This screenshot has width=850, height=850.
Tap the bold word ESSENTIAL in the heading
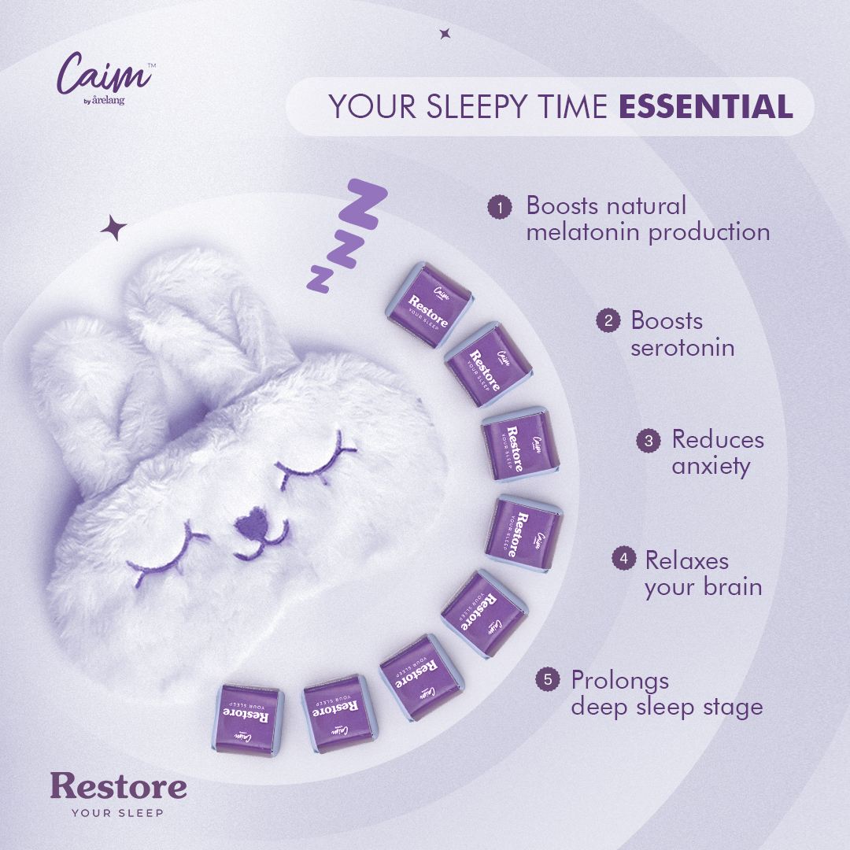706,105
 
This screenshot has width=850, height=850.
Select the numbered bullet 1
499,207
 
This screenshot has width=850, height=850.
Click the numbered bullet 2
608,320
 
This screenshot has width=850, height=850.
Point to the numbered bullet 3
649,440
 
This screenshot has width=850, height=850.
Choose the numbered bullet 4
624,558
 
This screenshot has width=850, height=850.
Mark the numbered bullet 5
548,679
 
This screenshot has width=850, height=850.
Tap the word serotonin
682,348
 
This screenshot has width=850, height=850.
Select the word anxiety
711,467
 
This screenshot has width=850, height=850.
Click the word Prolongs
620,682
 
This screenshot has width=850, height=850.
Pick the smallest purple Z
320,279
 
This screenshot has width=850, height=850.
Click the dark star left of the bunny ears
113,227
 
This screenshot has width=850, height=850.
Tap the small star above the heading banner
445,34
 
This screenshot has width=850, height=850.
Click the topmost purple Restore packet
428,304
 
